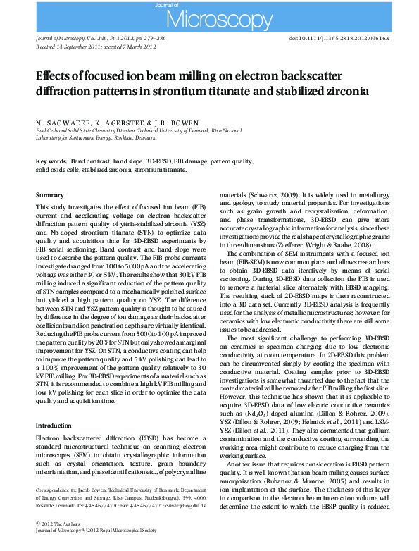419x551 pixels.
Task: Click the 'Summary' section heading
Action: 49,194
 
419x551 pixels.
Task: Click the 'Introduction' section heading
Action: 54,426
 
